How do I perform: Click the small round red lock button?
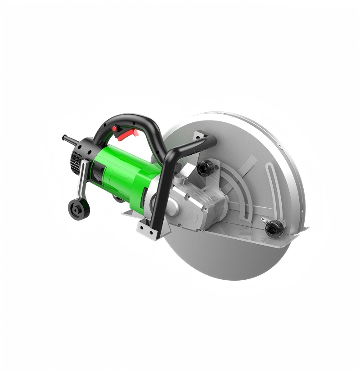pyautogui.click(x=115, y=129)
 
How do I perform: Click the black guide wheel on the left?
pyautogui.click(x=79, y=209)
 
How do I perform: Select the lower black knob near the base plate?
pyautogui.click(x=274, y=228)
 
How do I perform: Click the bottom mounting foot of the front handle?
pyautogui.click(x=148, y=231)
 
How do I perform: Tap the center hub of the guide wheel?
pyautogui.click(x=79, y=210)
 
